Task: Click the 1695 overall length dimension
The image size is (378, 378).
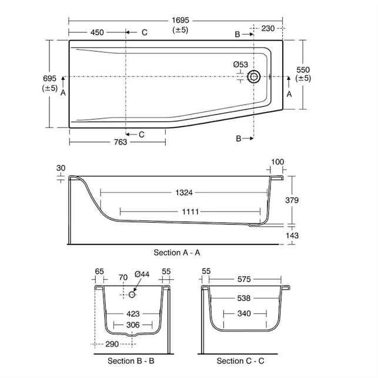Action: coord(180,20)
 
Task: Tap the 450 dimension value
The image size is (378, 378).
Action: coord(97,32)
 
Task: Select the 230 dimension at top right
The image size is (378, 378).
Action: coord(268,28)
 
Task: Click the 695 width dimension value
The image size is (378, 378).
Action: coord(49,78)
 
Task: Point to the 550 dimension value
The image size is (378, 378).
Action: coord(303,70)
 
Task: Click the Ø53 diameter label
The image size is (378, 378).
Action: coord(240,64)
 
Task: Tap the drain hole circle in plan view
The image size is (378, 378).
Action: coord(254,76)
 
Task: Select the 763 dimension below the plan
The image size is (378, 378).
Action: coord(121,142)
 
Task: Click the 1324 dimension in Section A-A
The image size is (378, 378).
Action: coord(184,193)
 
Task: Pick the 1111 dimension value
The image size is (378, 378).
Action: coord(190,212)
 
